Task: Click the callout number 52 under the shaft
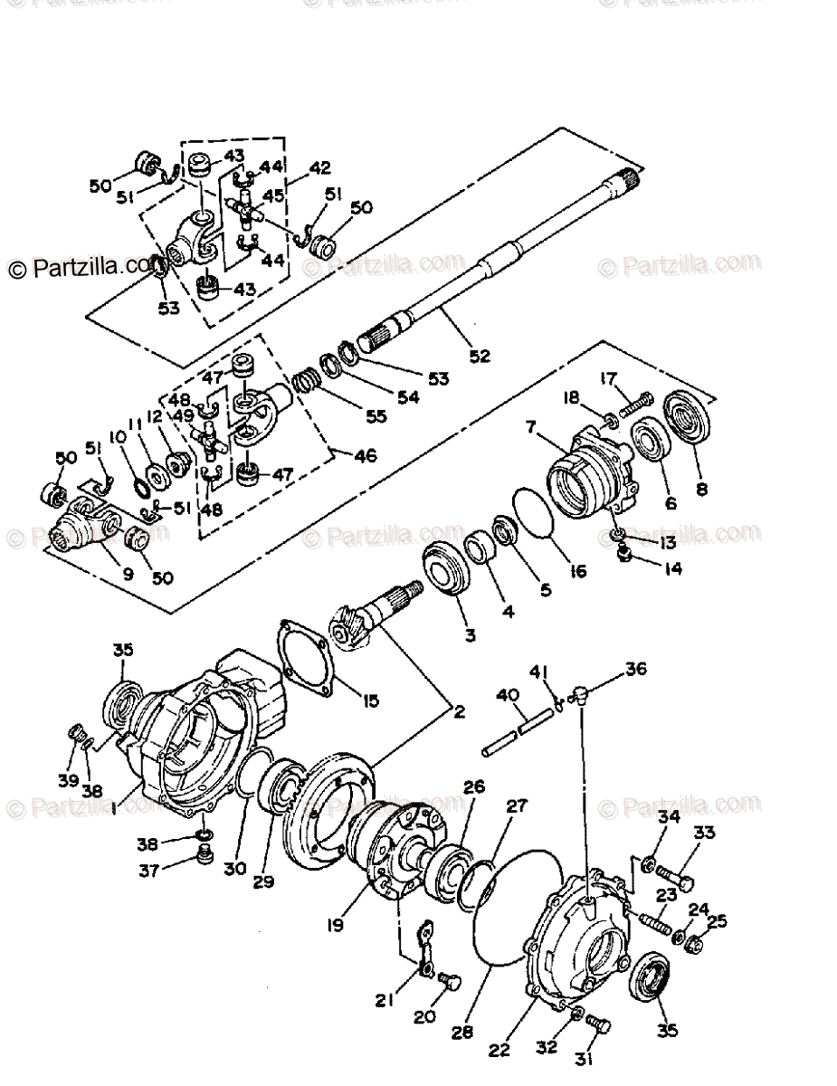[479, 356]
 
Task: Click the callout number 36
[636, 671]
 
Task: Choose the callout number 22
[499, 1051]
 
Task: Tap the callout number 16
[578, 571]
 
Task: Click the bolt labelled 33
[675, 876]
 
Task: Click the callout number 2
[460, 711]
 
